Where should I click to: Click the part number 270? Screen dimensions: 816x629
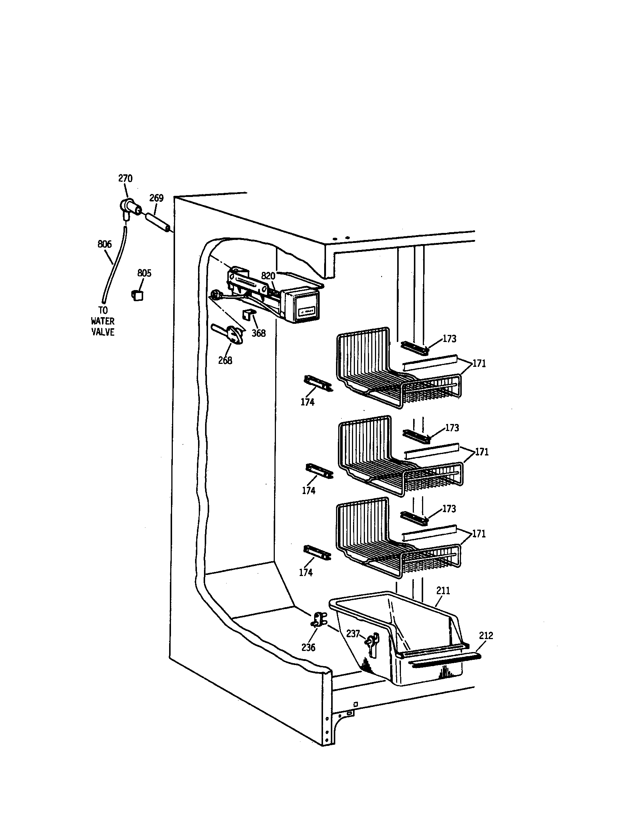click(125, 179)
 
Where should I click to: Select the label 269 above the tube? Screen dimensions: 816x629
click(157, 198)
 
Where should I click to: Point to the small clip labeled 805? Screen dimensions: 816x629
click(138, 296)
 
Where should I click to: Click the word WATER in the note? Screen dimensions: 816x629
click(103, 321)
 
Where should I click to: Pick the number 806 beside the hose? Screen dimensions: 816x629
click(105, 244)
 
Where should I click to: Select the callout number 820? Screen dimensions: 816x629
click(268, 276)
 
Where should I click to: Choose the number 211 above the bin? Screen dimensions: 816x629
click(443, 591)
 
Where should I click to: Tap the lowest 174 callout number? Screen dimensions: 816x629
click(306, 572)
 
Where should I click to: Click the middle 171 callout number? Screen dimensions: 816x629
click(482, 452)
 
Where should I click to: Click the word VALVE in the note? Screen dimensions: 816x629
click(103, 332)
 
